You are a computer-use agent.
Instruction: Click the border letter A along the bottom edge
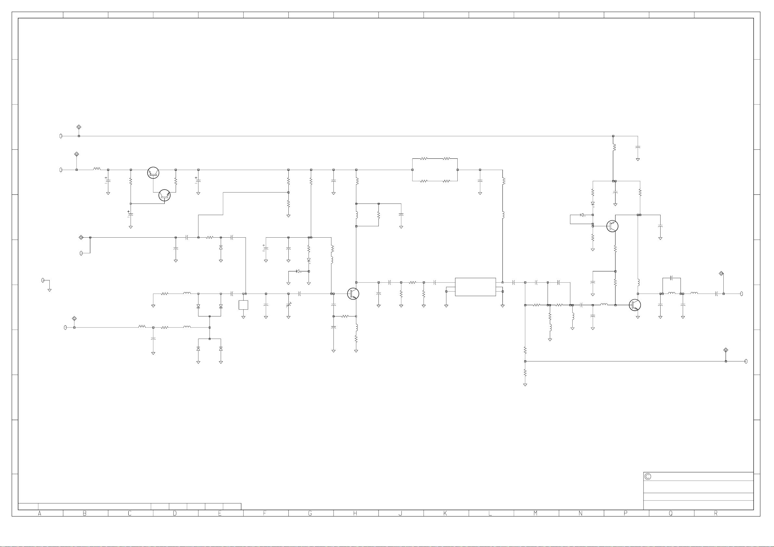(x=40, y=513)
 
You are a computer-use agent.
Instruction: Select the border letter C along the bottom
(x=130, y=513)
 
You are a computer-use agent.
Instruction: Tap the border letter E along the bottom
(x=220, y=513)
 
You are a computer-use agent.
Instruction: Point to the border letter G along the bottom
(x=310, y=513)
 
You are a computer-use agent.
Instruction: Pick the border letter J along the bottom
(x=400, y=513)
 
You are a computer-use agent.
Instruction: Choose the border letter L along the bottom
(x=490, y=513)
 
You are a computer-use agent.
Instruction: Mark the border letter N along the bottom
(x=580, y=513)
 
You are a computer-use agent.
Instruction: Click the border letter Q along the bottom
(x=671, y=513)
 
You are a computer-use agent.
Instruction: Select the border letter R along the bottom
(x=716, y=513)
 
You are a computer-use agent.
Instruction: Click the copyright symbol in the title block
(x=648, y=477)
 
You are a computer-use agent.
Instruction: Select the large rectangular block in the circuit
(x=475, y=287)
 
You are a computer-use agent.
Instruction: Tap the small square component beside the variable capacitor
(x=243, y=305)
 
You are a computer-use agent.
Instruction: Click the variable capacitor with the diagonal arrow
(x=288, y=305)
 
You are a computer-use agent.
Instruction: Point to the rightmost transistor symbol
(x=635, y=305)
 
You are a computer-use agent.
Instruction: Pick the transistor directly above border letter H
(x=353, y=293)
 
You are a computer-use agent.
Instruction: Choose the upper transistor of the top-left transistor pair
(x=153, y=173)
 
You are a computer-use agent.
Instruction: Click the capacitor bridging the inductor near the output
(x=671, y=278)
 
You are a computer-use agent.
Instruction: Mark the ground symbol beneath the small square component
(x=243, y=317)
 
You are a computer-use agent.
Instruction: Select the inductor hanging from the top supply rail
(x=614, y=147)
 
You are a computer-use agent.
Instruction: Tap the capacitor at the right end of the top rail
(x=638, y=147)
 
